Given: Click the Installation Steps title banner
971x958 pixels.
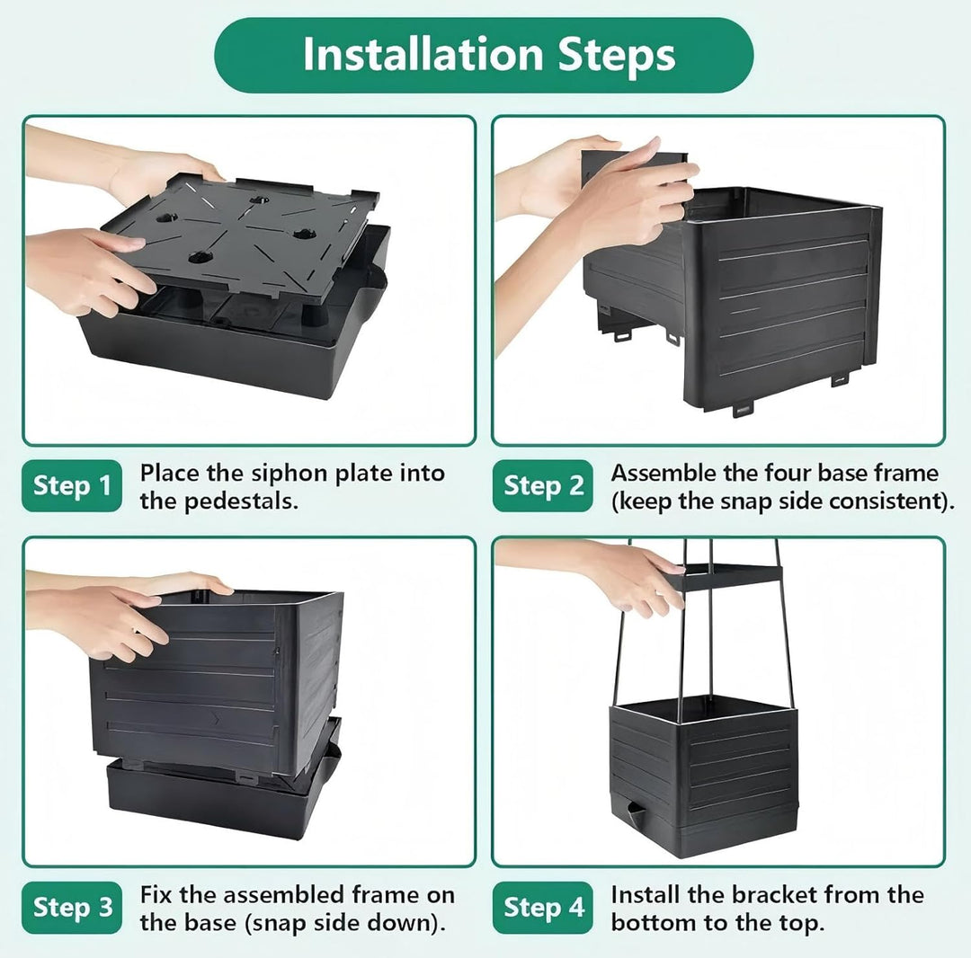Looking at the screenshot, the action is pos(484,55).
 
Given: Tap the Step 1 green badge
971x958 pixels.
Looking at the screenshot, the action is pos(72,486).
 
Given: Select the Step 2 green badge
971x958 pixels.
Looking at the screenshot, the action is pos(542,486).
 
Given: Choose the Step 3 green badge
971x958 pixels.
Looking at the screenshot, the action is pos(72,908).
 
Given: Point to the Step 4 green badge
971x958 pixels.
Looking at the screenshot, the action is pos(542,908).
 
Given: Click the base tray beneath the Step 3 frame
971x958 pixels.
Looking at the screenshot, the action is pos(223,798).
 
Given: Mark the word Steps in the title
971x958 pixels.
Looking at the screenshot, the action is pos(616,56).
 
